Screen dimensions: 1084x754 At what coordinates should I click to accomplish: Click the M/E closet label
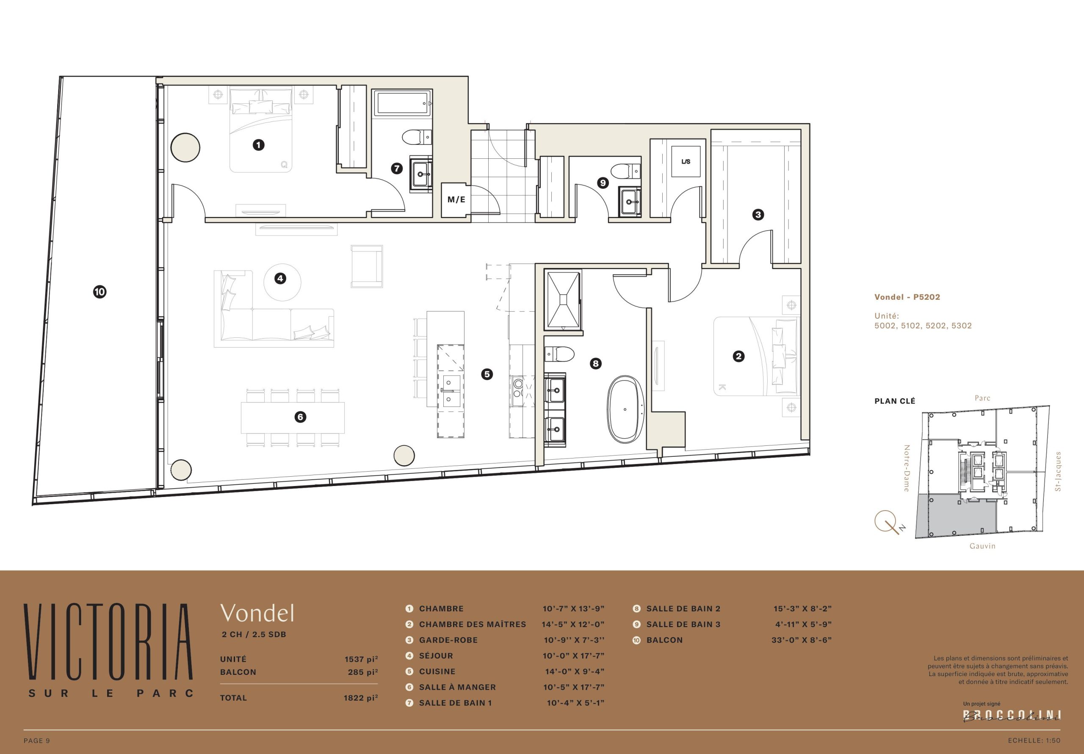click(456, 200)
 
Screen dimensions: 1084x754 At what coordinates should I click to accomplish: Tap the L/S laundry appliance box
click(686, 161)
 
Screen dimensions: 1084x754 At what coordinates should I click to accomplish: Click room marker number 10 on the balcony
click(100, 292)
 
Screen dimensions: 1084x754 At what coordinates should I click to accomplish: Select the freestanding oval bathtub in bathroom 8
click(625, 409)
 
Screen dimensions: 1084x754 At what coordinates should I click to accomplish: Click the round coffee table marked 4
click(282, 282)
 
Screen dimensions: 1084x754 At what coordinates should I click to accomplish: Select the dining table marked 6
click(293, 417)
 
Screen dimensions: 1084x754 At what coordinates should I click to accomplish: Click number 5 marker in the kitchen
click(487, 374)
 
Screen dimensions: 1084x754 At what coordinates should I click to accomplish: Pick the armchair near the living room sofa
click(366, 266)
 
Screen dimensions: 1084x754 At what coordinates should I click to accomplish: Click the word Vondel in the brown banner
click(257, 613)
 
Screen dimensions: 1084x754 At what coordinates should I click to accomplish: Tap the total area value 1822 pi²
click(361, 698)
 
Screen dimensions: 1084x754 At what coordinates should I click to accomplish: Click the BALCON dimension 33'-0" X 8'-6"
click(802, 640)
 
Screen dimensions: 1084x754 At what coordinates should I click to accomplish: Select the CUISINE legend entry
click(437, 671)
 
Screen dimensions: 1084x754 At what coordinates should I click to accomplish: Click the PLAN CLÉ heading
click(895, 401)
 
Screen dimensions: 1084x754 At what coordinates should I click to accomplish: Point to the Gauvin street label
click(982, 546)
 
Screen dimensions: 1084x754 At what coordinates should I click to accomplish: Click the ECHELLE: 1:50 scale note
click(1034, 740)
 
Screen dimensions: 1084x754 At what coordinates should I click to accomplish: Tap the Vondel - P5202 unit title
click(907, 297)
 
